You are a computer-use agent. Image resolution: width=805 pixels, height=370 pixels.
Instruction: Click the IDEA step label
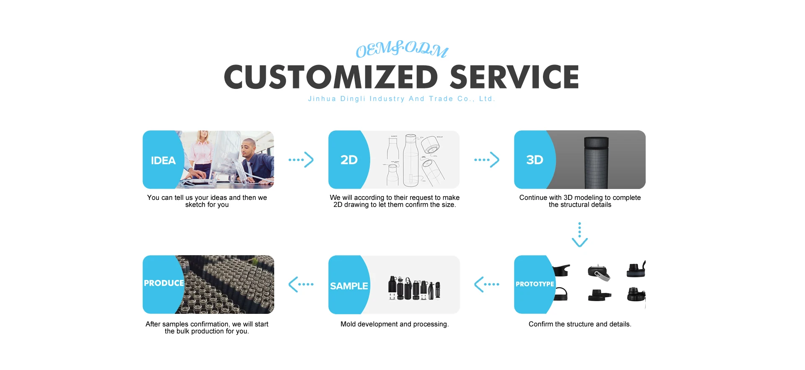[x=163, y=160]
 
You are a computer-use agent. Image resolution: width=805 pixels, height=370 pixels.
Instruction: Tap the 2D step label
[x=349, y=160]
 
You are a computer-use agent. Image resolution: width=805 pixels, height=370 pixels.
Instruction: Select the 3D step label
[x=535, y=160]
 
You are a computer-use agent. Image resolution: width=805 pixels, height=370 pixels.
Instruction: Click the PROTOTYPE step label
[x=535, y=284]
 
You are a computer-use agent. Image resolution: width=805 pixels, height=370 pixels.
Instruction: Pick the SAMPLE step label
[x=349, y=286]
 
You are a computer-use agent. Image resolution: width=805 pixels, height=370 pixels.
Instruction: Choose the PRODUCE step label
[x=164, y=283]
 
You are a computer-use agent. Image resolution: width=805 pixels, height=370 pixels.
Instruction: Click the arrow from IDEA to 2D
[x=301, y=160]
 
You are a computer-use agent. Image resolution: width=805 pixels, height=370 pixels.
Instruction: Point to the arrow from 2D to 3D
[x=487, y=160]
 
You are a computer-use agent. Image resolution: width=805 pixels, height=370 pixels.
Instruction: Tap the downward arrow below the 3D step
[x=579, y=235]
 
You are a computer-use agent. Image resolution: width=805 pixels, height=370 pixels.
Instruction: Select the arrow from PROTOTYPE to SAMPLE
[x=487, y=284]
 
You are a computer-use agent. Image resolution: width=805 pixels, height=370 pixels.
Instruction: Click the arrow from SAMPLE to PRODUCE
[x=301, y=284]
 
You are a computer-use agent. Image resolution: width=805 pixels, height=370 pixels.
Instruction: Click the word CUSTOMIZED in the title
[x=331, y=77]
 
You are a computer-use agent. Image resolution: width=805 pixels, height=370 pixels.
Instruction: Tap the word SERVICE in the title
[x=514, y=77]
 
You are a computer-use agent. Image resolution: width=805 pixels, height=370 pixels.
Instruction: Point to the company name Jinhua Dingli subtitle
[x=402, y=99]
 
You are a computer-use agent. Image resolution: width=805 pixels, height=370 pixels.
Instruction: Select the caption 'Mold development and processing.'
[x=395, y=324]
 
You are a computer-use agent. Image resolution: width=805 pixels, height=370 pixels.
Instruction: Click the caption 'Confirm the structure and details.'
[x=580, y=324]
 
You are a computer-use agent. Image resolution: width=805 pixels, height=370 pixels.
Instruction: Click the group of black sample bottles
[x=414, y=288]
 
